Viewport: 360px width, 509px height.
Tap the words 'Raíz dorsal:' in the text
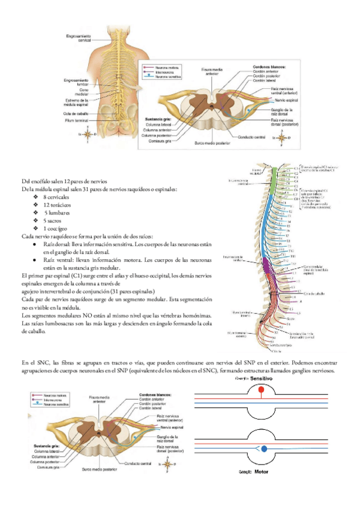[x=56, y=244]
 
